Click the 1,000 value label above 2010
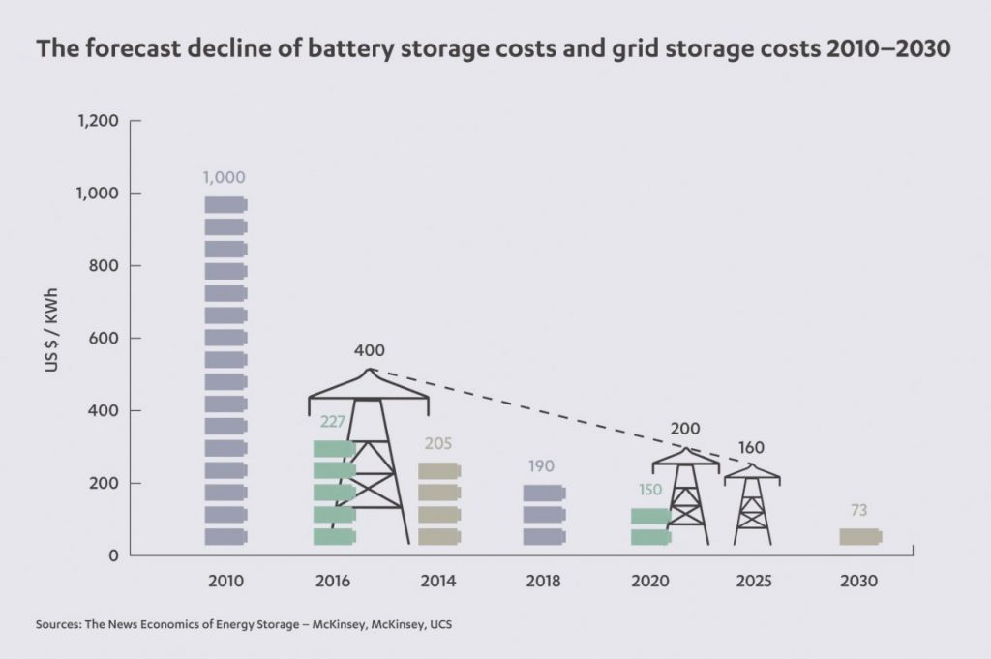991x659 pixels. [225, 178]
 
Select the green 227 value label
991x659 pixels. [333, 422]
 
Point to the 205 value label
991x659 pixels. [437, 444]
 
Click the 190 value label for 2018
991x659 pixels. [541, 466]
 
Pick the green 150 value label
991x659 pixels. [649, 490]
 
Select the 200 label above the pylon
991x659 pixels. [684, 429]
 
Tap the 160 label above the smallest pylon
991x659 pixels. [752, 449]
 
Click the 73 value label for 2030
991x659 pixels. [858, 511]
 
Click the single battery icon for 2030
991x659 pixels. [859, 536]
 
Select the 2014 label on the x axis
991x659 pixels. [438, 583]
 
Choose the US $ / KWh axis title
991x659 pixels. [57, 339]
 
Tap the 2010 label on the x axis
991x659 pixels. [225, 583]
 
